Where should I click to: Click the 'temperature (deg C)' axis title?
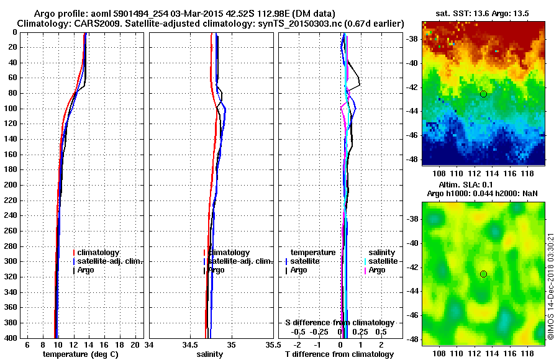point(80,354)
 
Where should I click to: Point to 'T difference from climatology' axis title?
point(339,354)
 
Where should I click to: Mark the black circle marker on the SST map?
point(483,94)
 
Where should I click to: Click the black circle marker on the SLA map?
point(483,274)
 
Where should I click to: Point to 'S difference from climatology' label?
point(340,323)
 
